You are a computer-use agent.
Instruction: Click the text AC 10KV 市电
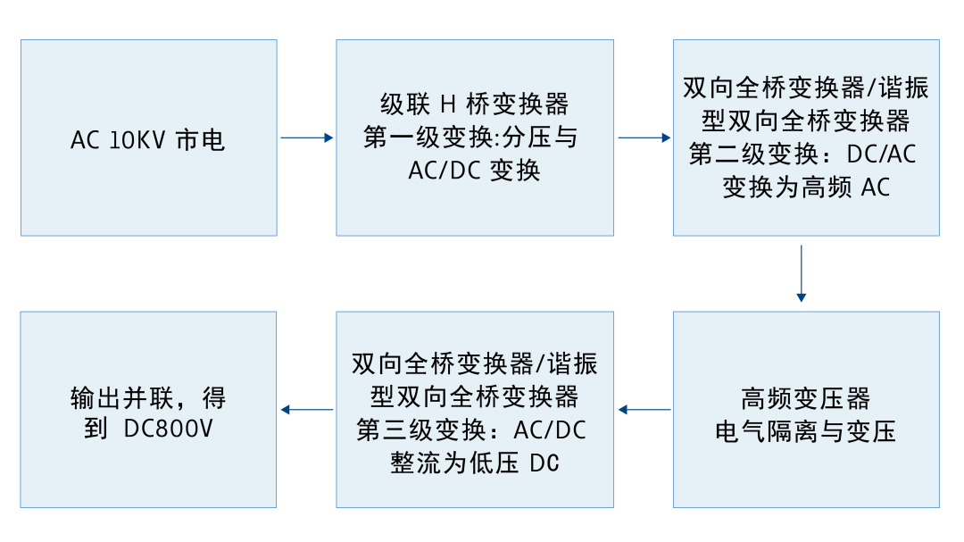[x=147, y=140]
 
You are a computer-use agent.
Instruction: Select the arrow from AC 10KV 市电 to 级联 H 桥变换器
[x=306, y=138]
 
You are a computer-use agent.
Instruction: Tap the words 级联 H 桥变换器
[x=474, y=104]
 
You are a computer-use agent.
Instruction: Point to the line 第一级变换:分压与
[x=474, y=138]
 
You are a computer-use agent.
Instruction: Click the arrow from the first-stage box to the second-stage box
[x=644, y=138]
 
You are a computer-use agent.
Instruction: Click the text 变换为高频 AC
[x=805, y=187]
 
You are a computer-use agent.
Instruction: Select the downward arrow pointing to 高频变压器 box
[x=802, y=272]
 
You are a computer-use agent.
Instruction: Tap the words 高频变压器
[x=805, y=398]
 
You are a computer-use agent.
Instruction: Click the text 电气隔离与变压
[x=805, y=431]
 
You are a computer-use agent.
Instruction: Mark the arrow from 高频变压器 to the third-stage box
[x=644, y=410]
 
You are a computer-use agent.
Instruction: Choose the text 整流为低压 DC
[x=474, y=463]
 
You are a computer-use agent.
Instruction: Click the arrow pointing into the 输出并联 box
[x=306, y=410]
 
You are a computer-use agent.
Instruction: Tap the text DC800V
[x=168, y=429]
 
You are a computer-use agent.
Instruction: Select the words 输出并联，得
[x=148, y=396]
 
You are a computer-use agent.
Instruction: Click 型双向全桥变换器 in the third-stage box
[x=474, y=396]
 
